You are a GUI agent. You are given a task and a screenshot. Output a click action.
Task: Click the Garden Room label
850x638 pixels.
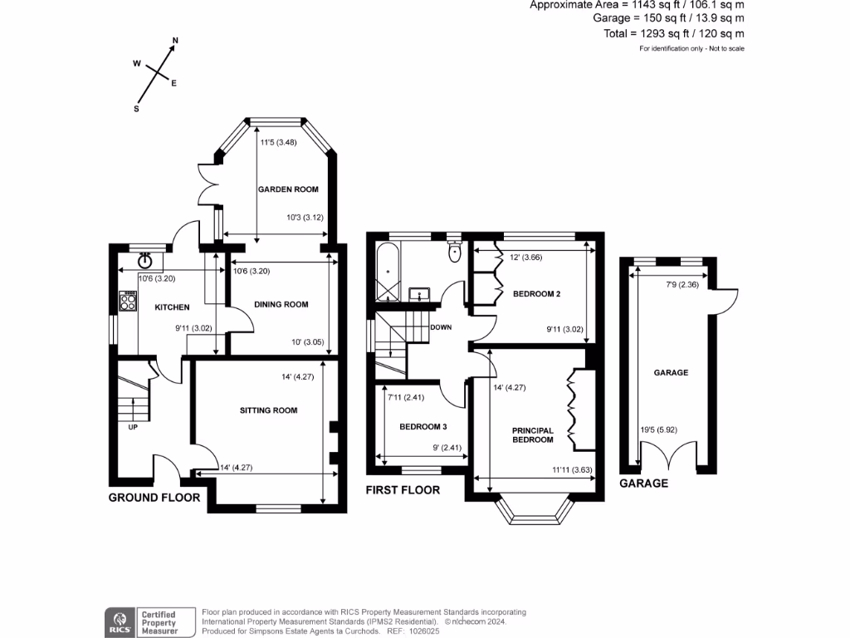[x=287, y=189]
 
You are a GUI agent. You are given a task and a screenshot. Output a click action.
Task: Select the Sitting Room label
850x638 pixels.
[x=268, y=410]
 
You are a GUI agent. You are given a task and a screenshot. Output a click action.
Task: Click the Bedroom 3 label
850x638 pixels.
[x=423, y=427]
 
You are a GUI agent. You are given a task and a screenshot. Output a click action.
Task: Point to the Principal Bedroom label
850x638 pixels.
[x=532, y=434]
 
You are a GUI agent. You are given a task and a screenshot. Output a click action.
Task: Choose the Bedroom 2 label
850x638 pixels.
[x=536, y=294]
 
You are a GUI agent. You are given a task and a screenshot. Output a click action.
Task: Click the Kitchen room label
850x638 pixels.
[x=173, y=307]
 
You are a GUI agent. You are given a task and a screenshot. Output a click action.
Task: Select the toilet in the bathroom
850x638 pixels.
[x=453, y=252]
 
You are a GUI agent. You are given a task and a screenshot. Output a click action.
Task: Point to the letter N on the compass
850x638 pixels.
[x=175, y=40]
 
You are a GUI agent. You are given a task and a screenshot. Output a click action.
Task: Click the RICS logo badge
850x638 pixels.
[x=120, y=621]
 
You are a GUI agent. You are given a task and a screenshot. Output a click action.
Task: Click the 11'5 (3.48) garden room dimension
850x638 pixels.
[x=278, y=143]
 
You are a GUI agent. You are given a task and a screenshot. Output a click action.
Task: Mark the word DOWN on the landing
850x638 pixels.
[x=441, y=327]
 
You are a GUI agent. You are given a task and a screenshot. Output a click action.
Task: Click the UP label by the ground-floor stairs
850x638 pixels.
[x=132, y=428]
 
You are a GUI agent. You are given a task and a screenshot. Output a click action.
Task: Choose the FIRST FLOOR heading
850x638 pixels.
[x=403, y=490]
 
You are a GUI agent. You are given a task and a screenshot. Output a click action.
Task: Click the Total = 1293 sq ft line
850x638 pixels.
[x=673, y=33]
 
